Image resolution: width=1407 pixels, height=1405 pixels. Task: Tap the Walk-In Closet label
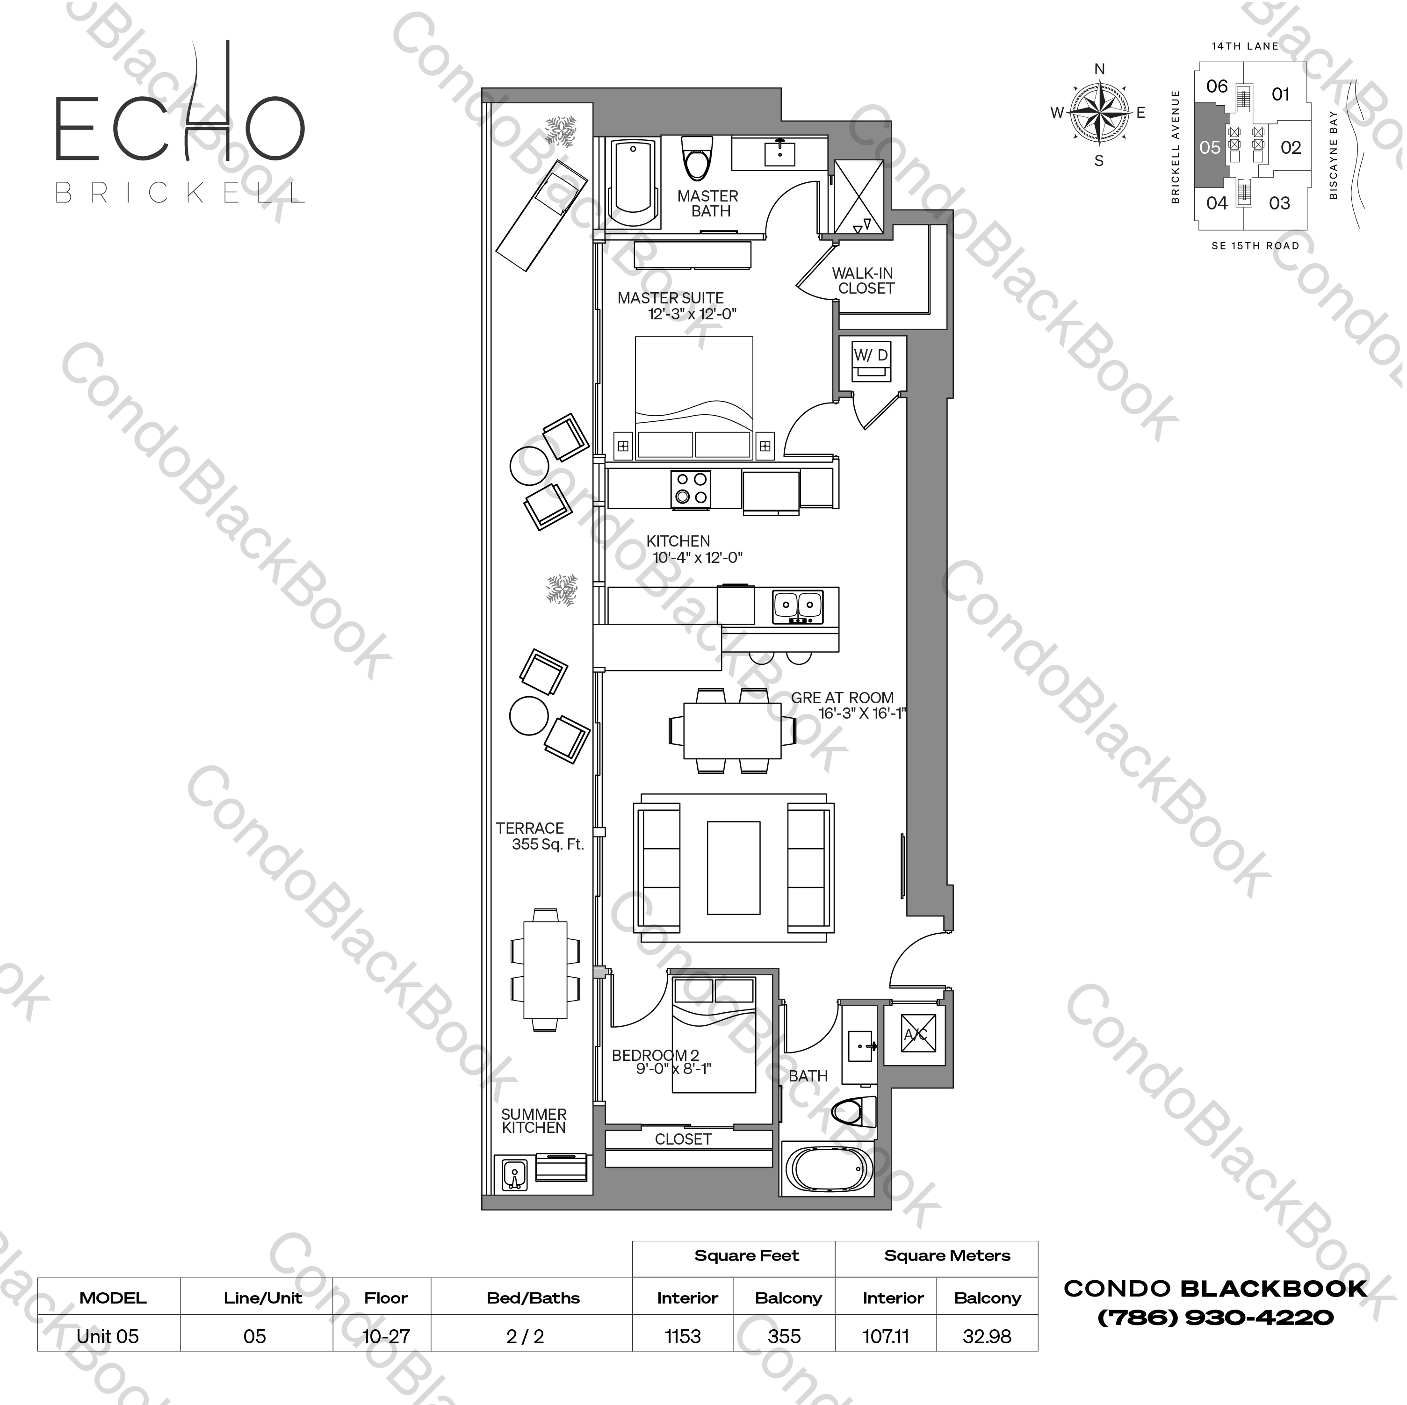tap(863, 281)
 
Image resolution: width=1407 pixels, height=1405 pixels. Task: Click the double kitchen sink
tap(797, 605)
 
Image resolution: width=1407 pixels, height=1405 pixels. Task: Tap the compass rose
tap(1100, 113)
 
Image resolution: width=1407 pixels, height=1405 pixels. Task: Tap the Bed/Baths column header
tap(533, 1298)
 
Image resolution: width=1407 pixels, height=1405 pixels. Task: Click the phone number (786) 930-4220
tap(1215, 1318)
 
